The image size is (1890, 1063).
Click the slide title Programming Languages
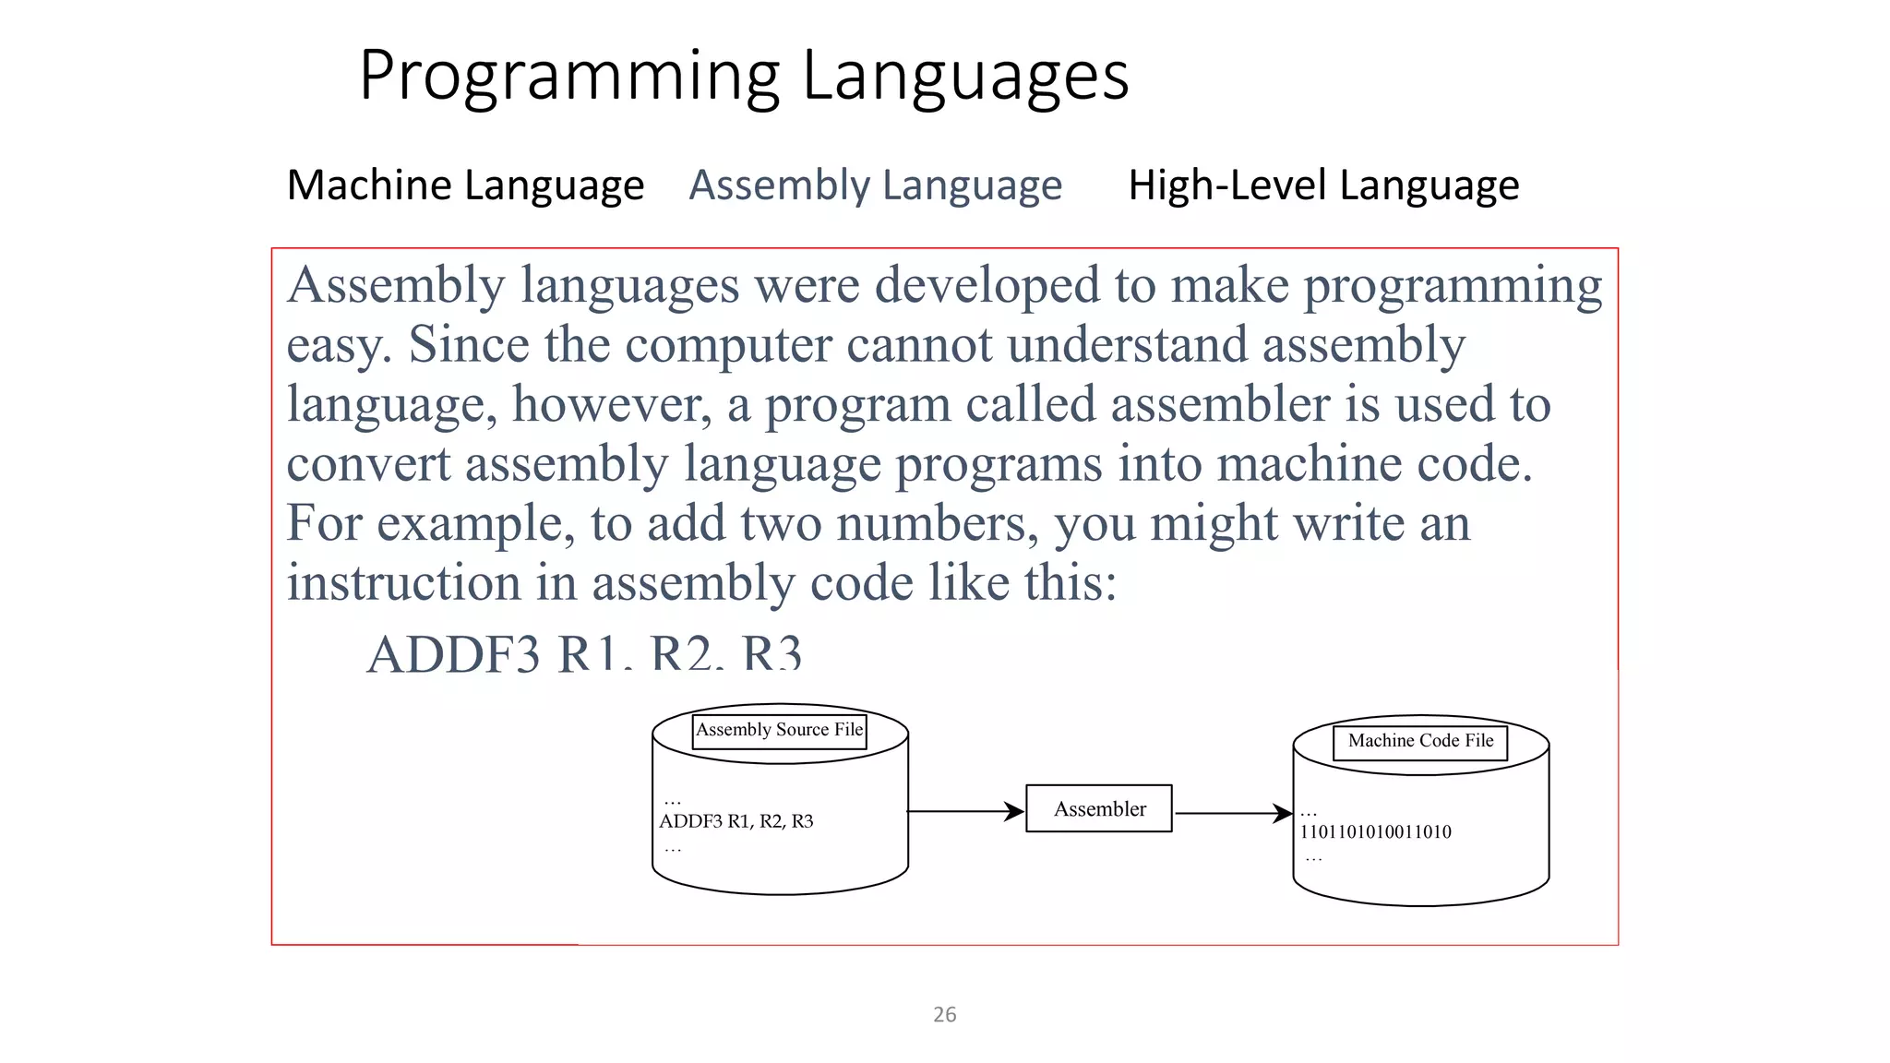[x=744, y=76]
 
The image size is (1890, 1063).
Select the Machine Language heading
[x=465, y=185]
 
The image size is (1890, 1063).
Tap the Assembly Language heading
[x=875, y=185]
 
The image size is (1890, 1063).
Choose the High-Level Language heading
[x=1323, y=185]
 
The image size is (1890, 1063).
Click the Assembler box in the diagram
[x=1099, y=809]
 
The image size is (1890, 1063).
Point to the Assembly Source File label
[x=780, y=730]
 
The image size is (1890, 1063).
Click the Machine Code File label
[x=1420, y=741]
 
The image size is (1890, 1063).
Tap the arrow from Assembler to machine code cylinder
[x=1233, y=814]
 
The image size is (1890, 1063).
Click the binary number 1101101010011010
[x=1375, y=832]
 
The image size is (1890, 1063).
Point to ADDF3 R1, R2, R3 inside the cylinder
[x=736, y=821]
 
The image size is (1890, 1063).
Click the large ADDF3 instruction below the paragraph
[x=584, y=653]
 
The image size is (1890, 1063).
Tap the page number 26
[x=944, y=1015]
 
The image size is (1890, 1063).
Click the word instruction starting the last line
[x=404, y=583]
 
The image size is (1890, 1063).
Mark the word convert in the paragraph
[x=368, y=464]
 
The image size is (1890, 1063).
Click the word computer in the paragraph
[x=728, y=346]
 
